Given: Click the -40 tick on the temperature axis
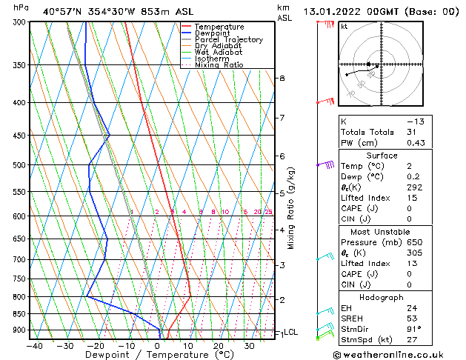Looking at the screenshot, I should pos(34,346).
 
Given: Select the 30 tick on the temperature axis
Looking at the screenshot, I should pos(249,346).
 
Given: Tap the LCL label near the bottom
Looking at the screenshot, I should pos(291,333).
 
